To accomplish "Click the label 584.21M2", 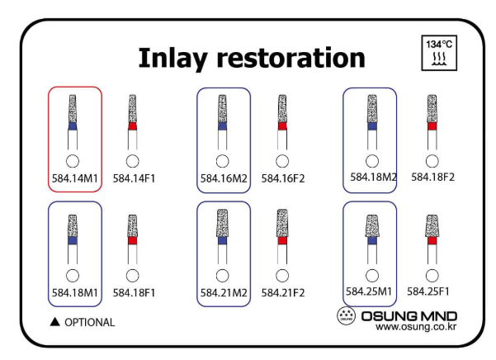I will tap(223, 291).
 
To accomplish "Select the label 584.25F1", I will tap(433, 291).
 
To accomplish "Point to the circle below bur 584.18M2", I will tap(372, 160).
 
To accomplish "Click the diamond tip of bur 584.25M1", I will tap(372, 225).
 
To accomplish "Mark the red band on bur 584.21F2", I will tap(282, 242).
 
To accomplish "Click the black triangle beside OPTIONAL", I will tap(55, 321).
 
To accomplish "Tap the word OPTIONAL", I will tap(90, 322).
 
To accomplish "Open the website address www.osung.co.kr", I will tap(416, 327).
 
